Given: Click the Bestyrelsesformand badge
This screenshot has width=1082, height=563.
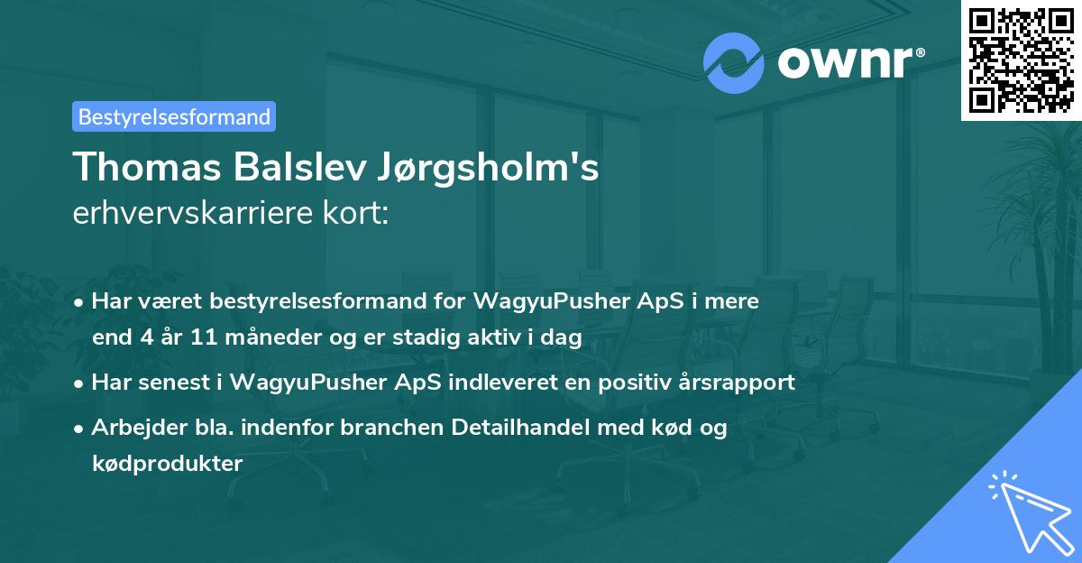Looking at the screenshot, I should [174, 116].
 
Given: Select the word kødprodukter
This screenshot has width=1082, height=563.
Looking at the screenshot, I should [167, 464].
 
